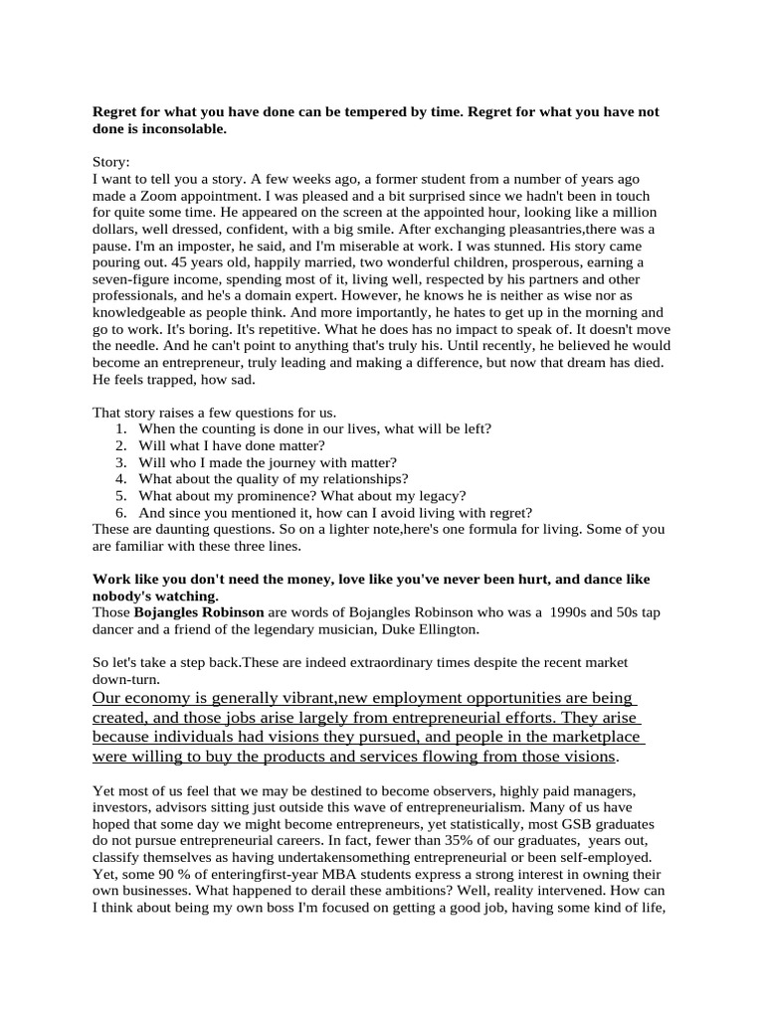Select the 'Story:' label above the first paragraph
(x=111, y=162)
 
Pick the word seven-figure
(x=133, y=278)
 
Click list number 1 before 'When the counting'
(x=120, y=429)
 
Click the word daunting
(x=170, y=530)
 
